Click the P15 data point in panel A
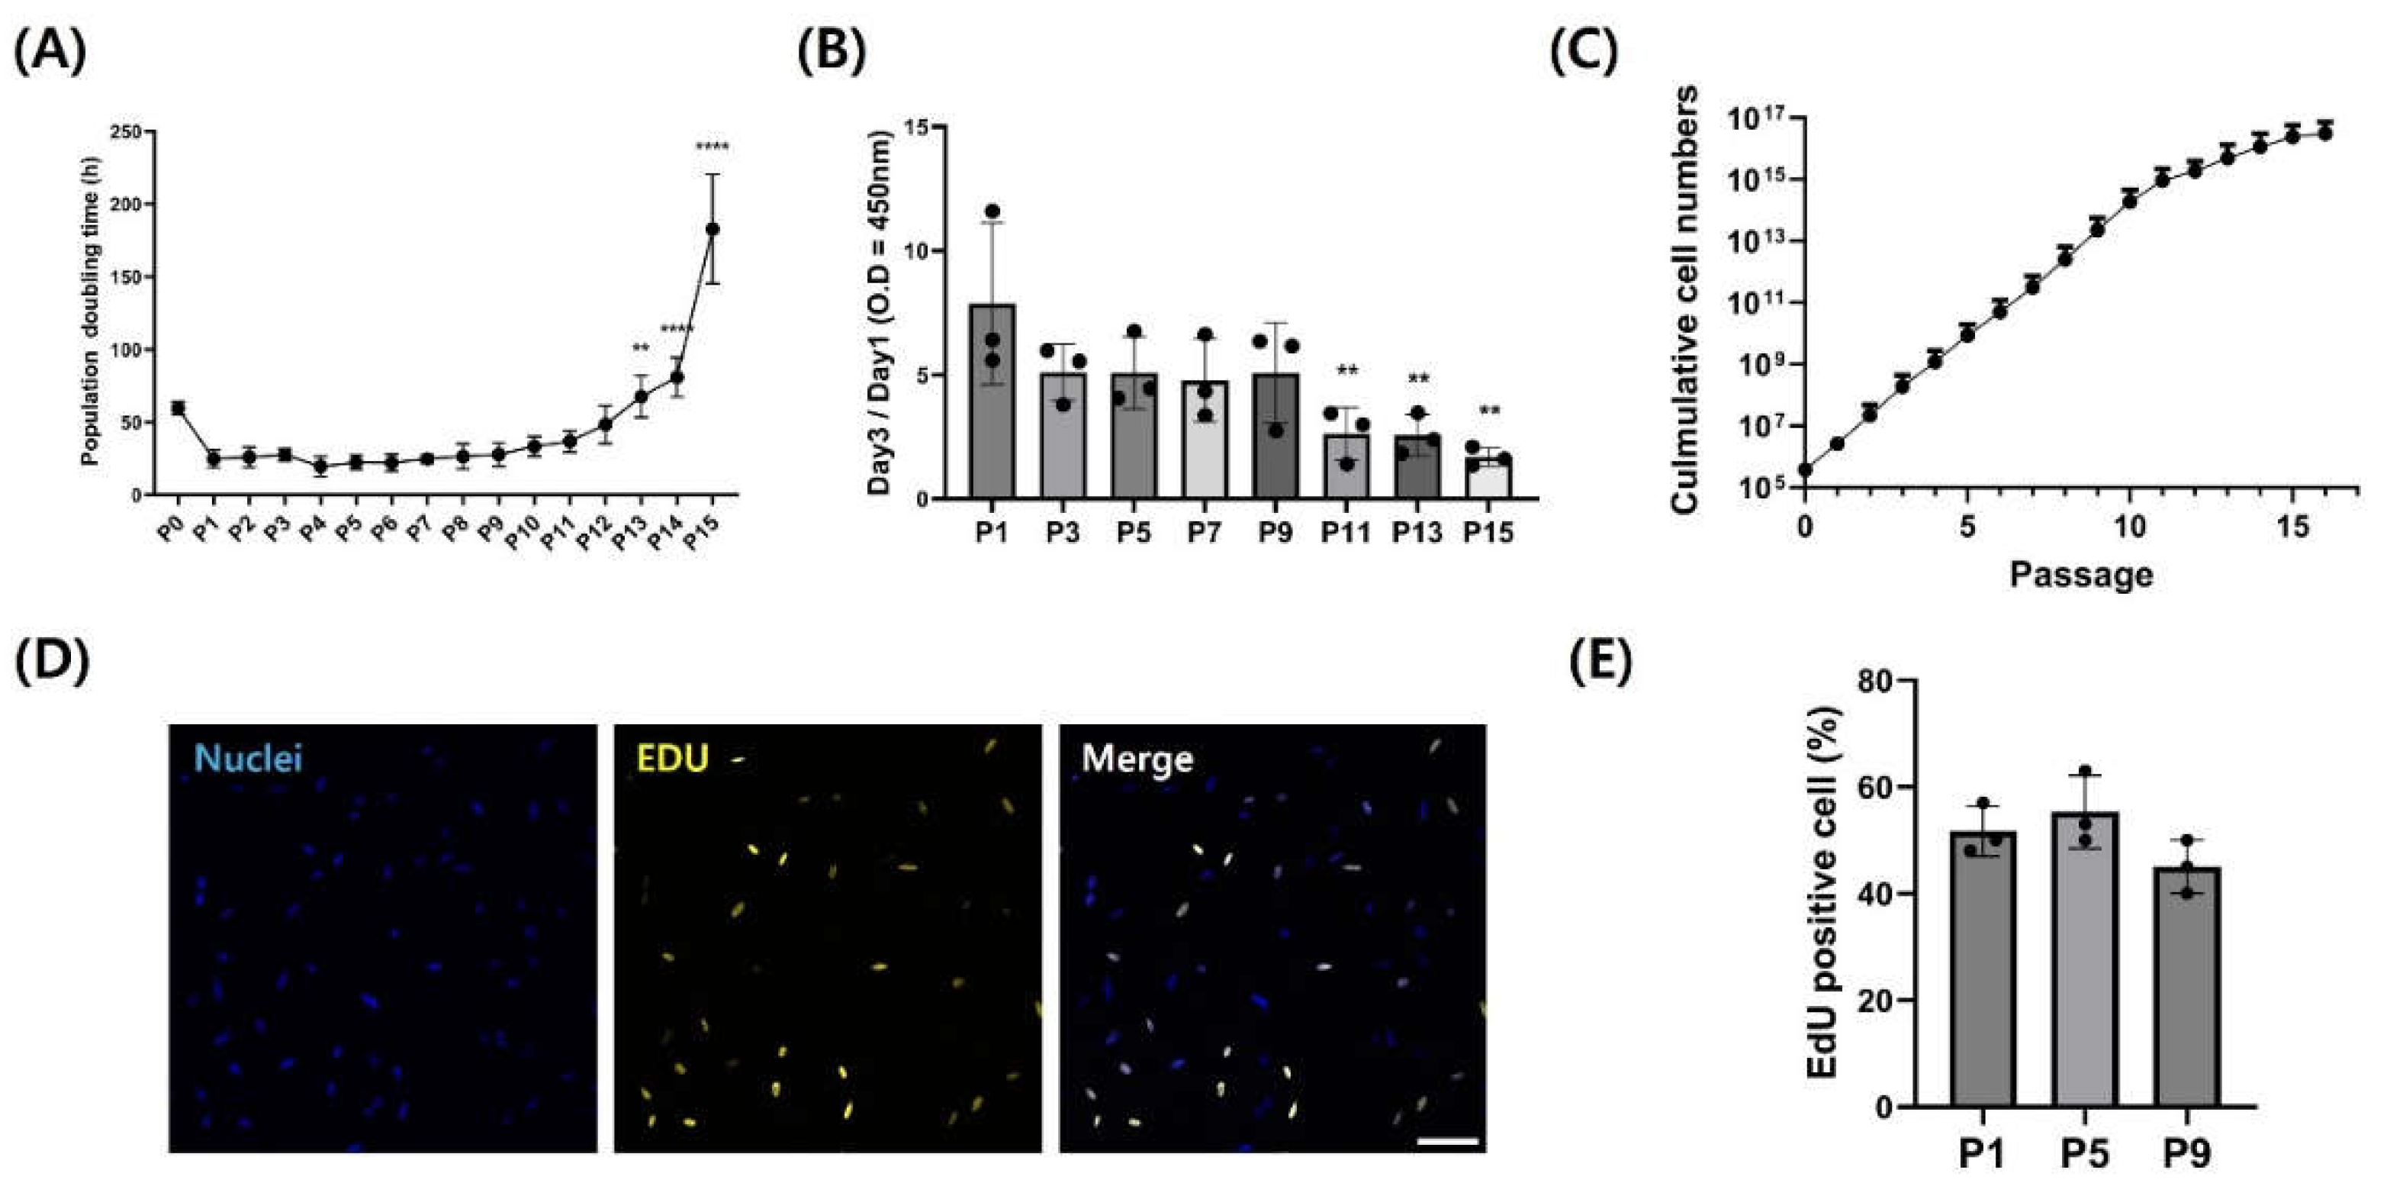713,228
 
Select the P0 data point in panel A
177,408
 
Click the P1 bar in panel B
992,401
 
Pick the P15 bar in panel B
1487,477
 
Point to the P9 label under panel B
1275,532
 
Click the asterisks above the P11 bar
1346,372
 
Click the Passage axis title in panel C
2080,573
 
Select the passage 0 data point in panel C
1805,469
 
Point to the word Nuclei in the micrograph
248,759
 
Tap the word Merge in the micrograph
1137,759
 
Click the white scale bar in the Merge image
1447,1140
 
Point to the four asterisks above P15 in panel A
713,147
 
